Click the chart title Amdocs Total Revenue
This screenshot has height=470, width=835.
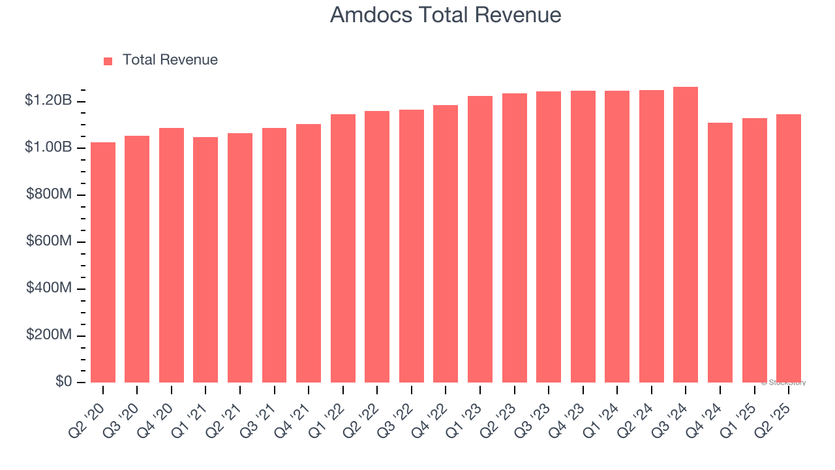tap(446, 14)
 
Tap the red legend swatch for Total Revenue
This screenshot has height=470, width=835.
tap(108, 61)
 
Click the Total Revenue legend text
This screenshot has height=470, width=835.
tap(170, 60)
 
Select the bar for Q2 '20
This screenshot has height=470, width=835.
tap(103, 262)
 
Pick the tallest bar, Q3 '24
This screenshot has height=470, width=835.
tap(686, 235)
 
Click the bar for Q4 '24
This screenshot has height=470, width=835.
tap(720, 253)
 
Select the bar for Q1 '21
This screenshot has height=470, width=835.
tap(205, 260)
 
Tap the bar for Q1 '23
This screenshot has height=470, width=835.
tap(480, 239)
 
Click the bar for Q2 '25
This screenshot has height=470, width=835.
tap(789, 248)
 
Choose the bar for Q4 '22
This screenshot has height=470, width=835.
tap(446, 243)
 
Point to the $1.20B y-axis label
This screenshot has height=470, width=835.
tap(48, 101)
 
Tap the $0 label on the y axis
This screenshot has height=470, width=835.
tap(63, 382)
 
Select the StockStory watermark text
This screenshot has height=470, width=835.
tap(783, 383)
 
